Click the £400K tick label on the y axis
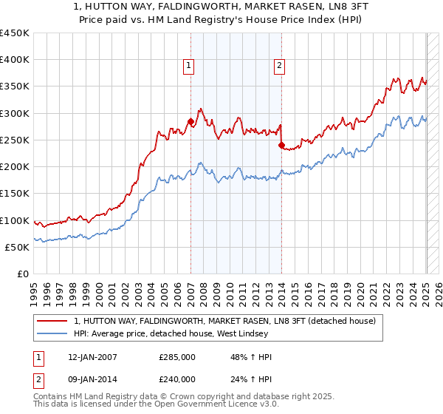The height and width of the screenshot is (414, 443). [14, 60]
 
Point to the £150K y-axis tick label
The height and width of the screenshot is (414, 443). [14, 194]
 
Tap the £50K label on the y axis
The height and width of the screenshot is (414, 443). [17, 247]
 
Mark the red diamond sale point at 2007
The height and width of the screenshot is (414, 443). [190, 121]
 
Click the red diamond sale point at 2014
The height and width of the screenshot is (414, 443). [281, 146]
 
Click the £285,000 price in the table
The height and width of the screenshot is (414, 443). [177, 357]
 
